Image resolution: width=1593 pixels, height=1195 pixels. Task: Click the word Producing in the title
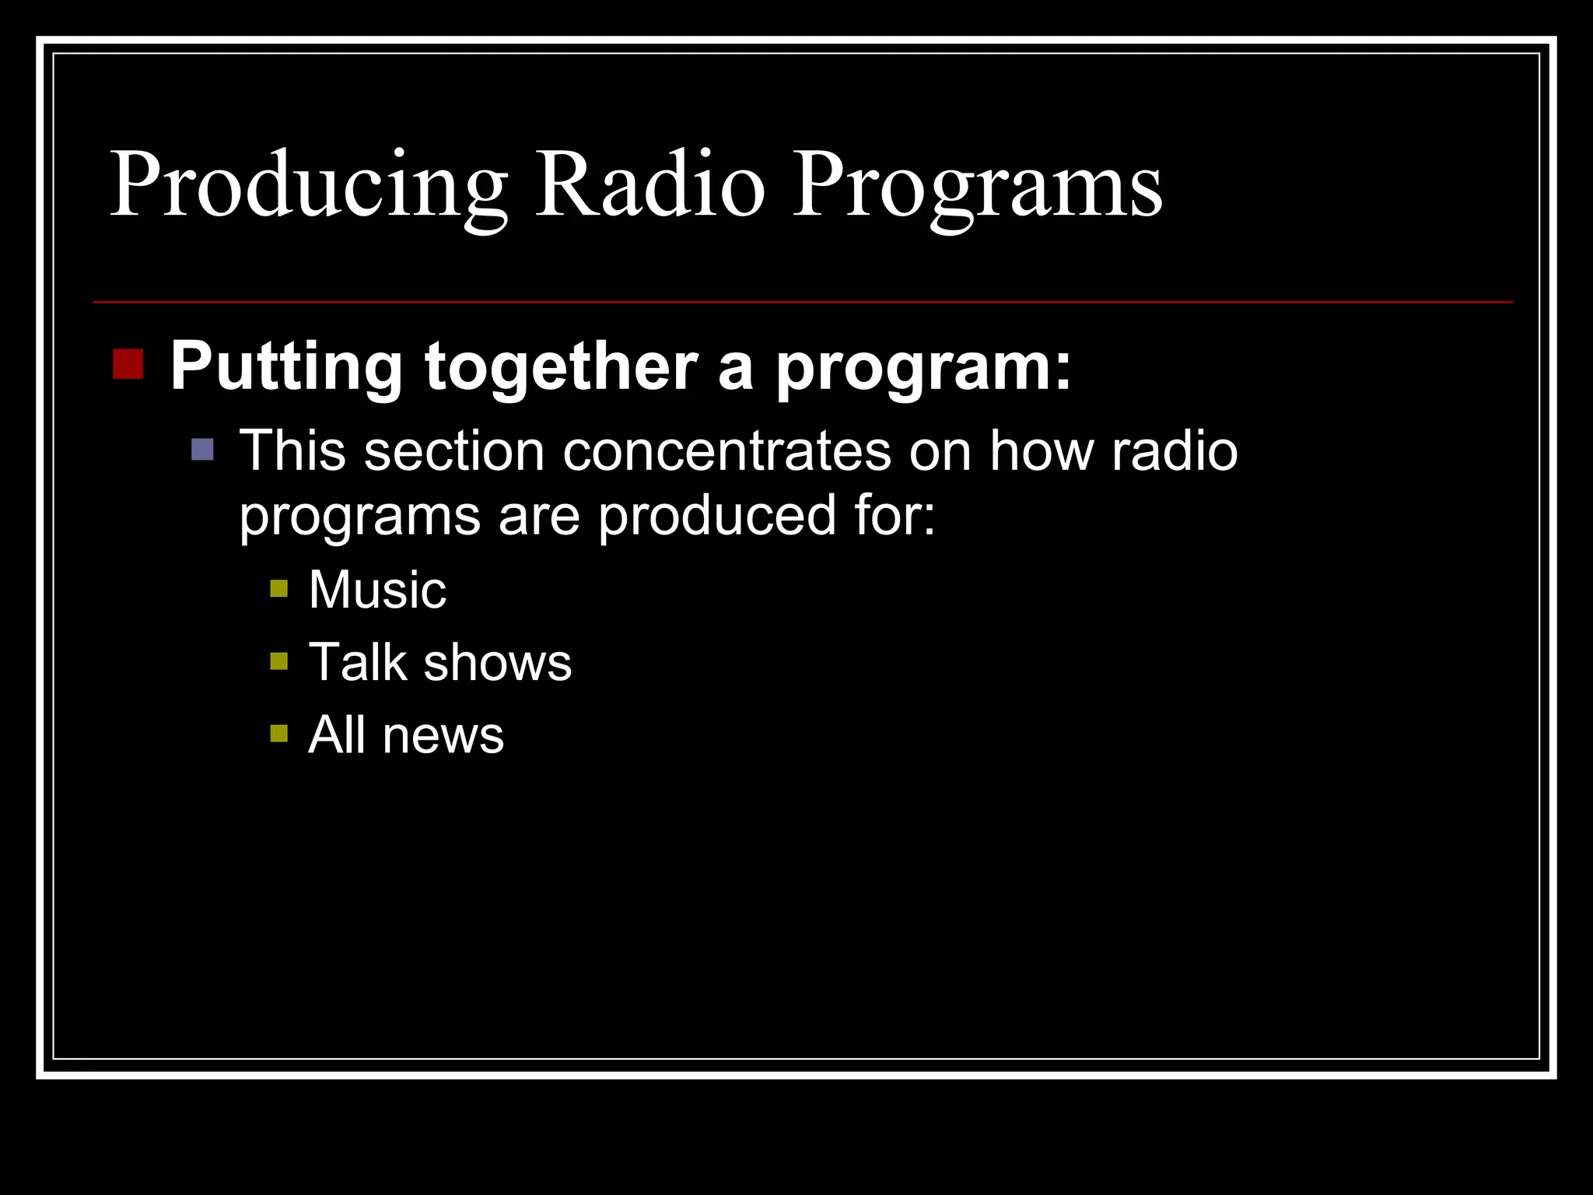click(x=309, y=187)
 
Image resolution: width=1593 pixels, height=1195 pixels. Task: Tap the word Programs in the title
click(x=977, y=187)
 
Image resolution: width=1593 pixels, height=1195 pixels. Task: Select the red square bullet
click(x=128, y=364)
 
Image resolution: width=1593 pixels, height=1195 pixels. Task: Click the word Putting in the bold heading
click(x=286, y=367)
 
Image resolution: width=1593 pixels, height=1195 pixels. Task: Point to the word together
click(x=561, y=367)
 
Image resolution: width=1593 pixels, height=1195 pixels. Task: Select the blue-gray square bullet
click(x=202, y=450)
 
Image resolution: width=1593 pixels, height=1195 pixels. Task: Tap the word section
click(x=454, y=451)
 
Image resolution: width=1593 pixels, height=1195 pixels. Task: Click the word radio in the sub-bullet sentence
click(x=1175, y=451)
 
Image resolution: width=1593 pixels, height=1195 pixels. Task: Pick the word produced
click(x=716, y=515)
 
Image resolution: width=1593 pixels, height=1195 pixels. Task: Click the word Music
click(x=377, y=589)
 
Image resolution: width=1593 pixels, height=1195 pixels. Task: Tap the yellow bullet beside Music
click(x=278, y=588)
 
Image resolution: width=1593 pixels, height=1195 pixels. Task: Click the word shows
click(x=498, y=663)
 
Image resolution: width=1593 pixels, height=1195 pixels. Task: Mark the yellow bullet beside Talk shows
click(x=278, y=661)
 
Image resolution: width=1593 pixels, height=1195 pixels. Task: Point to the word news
click(x=443, y=735)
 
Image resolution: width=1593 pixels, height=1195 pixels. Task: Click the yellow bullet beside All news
click(x=278, y=734)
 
